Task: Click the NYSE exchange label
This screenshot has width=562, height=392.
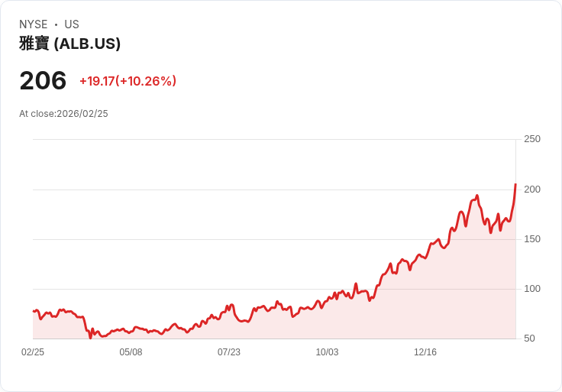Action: tap(33, 24)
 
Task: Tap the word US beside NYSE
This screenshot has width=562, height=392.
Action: tap(72, 24)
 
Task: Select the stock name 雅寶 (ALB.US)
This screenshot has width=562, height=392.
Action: tap(69, 44)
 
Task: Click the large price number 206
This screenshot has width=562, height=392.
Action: tap(43, 81)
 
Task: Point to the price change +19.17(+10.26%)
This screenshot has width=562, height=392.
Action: tap(128, 81)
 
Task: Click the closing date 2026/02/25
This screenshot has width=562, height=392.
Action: tap(82, 114)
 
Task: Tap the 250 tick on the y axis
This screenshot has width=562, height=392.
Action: tap(532, 139)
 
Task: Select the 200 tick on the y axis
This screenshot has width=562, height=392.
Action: tap(532, 189)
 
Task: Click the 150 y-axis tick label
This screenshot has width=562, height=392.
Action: tap(532, 239)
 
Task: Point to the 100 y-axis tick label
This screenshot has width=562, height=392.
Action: tap(532, 289)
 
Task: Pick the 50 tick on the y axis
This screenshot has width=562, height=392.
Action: tap(529, 339)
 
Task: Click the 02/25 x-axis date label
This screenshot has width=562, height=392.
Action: tap(33, 352)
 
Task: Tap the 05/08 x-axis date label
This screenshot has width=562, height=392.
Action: tap(131, 352)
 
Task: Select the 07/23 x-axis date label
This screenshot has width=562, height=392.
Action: tap(229, 352)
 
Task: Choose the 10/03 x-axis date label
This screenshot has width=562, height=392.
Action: tap(327, 352)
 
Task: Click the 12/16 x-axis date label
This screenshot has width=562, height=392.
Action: tap(425, 352)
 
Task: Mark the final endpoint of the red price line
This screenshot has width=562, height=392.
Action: tap(515, 184)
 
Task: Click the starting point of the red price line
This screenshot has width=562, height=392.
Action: tap(33, 311)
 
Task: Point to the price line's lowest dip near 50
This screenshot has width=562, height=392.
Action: tap(90, 337)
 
